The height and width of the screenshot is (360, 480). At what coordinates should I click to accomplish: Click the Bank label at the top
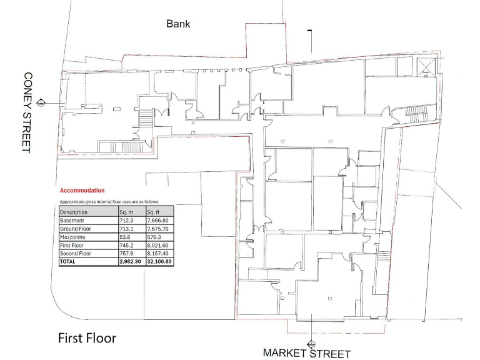(178, 24)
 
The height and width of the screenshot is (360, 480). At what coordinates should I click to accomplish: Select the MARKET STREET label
(306, 353)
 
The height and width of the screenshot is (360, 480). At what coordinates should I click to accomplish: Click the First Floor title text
(87, 338)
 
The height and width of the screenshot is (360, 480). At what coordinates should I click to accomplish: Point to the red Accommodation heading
(82, 190)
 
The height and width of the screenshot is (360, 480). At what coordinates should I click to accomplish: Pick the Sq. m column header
(127, 212)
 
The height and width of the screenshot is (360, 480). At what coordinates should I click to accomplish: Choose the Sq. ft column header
(154, 212)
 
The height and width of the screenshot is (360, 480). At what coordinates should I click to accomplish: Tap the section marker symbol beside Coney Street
(41, 101)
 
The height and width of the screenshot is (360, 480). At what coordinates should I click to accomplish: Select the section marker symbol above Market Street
(311, 343)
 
